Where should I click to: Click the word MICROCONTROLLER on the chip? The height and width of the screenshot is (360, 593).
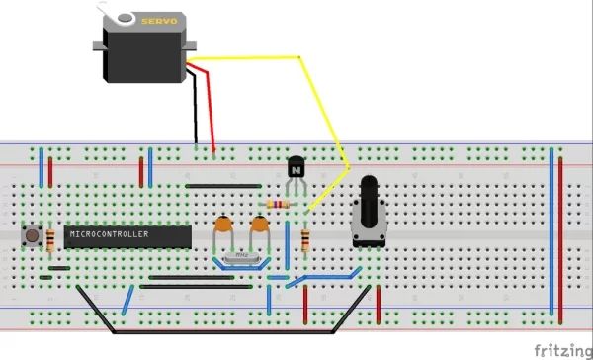click(x=109, y=235)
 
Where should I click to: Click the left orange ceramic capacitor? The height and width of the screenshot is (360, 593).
click(x=224, y=227)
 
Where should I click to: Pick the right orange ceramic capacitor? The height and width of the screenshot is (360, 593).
click(x=260, y=227)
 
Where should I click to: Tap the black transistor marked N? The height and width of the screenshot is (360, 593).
click(x=296, y=169)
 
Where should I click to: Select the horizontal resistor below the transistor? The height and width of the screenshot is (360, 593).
click(x=278, y=205)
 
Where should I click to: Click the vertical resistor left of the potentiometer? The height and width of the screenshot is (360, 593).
click(x=304, y=238)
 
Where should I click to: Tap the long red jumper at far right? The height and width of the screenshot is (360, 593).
click(x=561, y=237)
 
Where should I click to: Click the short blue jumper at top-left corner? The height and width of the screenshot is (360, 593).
click(x=41, y=170)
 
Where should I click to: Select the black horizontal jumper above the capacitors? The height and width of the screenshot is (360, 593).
click(x=223, y=185)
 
